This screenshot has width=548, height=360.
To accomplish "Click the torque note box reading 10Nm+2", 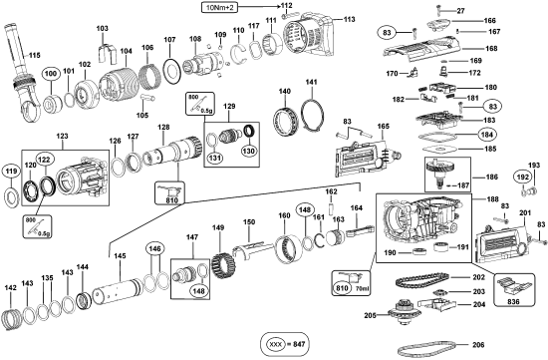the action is pyautogui.click(x=219, y=7).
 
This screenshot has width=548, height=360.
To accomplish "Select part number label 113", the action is pyautogui.click(x=349, y=19).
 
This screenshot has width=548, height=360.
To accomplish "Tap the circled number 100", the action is pyautogui.click(x=51, y=74).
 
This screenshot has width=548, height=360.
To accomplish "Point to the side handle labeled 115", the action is pyautogui.click(x=23, y=74).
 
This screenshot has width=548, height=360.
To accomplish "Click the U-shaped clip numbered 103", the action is pyautogui.click(x=107, y=54).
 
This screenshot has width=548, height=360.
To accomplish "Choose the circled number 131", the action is pyautogui.click(x=215, y=158).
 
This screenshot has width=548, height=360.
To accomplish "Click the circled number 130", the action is pyautogui.click(x=249, y=151).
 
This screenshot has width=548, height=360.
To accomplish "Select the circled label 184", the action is pyautogui.click(x=487, y=135).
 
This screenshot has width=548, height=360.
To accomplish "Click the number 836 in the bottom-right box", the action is pyautogui.click(x=513, y=301).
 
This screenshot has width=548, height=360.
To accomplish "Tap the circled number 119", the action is pyautogui.click(x=11, y=172).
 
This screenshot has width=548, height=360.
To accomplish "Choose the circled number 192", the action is pyautogui.click(x=523, y=178).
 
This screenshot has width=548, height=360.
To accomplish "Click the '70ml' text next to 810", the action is pyautogui.click(x=362, y=289).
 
